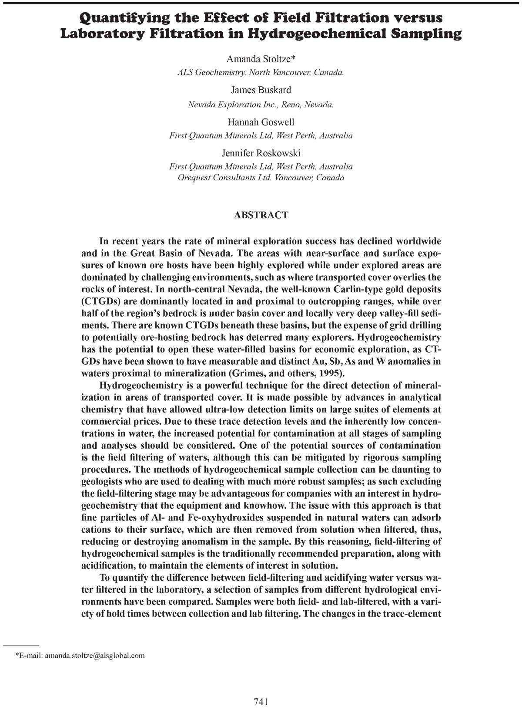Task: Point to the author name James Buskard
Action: point(261,90)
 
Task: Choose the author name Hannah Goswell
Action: point(261,122)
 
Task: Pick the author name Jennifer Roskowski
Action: point(261,153)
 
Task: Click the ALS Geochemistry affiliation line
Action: point(261,73)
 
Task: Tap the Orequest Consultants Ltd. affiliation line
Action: point(261,178)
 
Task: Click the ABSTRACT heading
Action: point(261,215)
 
